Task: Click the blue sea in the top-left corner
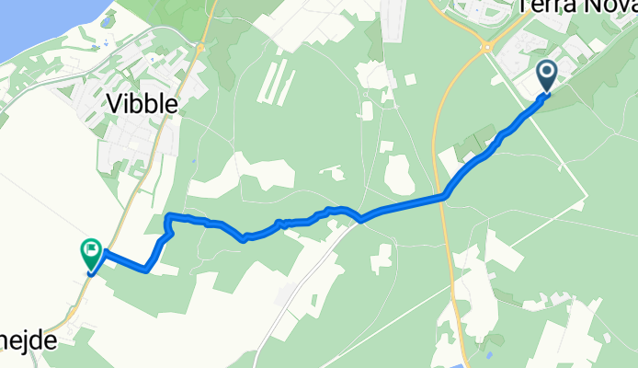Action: click(28, 23)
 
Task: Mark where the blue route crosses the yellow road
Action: click(446, 195)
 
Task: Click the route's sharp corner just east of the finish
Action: click(147, 270)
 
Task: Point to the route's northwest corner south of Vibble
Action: click(168, 217)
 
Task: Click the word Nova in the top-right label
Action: click(605, 7)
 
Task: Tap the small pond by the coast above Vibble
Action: click(108, 20)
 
